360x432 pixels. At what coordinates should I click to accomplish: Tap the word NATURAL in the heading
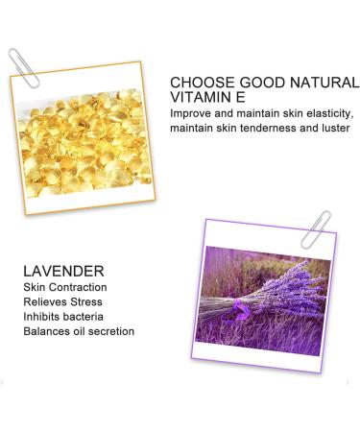324,83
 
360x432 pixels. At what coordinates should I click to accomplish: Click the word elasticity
330,113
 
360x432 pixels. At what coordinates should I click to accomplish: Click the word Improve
190,114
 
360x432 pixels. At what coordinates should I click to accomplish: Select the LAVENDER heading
63,272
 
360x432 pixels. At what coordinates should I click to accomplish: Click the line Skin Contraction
65,287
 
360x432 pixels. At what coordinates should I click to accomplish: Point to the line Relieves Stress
62,301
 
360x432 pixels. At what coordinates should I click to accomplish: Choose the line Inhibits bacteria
63,317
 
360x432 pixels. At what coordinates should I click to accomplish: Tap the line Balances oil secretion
79,331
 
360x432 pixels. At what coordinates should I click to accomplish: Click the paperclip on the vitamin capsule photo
24,68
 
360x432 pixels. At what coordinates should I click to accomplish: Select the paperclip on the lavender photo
315,229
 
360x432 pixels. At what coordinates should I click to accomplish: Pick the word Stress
86,301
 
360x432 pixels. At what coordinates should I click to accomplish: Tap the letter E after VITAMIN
241,97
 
